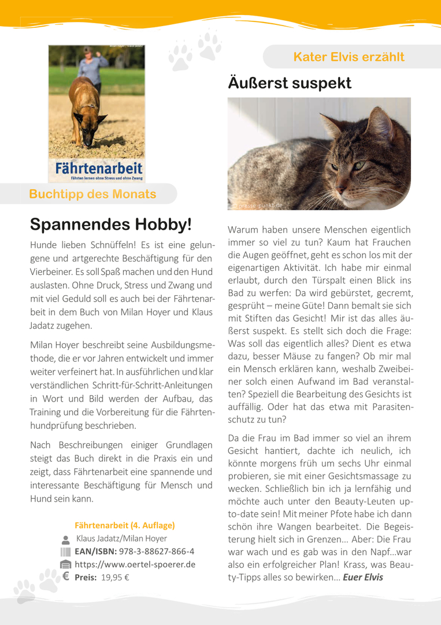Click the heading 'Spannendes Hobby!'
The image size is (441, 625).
(110, 223)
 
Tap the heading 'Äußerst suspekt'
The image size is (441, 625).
(290, 83)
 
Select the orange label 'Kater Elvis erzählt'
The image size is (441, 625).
(349, 57)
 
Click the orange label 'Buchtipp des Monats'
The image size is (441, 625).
(92, 194)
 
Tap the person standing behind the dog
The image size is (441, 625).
(93, 65)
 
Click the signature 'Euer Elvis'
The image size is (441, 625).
(362, 577)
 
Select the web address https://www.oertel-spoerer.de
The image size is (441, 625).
(135, 564)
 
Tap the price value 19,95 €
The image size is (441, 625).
(115, 577)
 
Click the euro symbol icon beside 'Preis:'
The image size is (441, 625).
(65, 576)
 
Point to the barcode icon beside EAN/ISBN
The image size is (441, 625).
(65, 551)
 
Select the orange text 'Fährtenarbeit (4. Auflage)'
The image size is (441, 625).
(124, 525)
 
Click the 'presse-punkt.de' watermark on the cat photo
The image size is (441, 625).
(260, 205)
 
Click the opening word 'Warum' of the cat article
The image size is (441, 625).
(242, 230)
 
